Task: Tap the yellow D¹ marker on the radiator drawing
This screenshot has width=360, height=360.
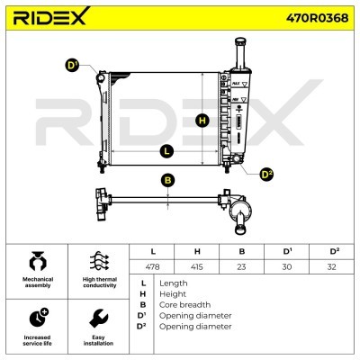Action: click(x=72, y=65)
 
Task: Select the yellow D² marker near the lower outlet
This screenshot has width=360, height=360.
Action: click(x=266, y=173)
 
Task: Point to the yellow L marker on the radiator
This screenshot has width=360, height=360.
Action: click(x=166, y=151)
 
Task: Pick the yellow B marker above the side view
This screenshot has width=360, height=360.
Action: click(x=167, y=180)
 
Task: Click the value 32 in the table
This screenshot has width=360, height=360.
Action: click(x=332, y=267)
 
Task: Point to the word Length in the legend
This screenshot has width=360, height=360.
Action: click(x=173, y=283)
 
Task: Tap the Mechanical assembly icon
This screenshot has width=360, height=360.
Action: click(x=38, y=262)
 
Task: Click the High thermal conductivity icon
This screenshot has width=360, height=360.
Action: click(x=100, y=262)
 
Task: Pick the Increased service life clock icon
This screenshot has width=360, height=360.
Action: click(x=38, y=317)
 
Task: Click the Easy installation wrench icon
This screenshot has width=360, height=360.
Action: click(x=100, y=318)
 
